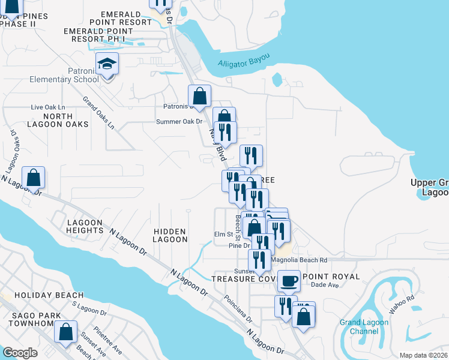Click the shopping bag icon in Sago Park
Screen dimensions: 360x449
point(66,331)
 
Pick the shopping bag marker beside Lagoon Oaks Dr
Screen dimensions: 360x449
point(34,177)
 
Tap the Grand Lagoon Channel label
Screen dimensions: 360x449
point(364,326)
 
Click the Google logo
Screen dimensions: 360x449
point(20,353)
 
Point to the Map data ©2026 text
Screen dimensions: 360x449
point(423,355)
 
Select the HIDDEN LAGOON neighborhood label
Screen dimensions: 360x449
point(170,235)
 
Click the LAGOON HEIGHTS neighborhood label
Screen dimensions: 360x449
point(85,226)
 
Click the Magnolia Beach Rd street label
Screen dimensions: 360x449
point(299,260)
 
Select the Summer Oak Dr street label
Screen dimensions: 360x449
point(180,121)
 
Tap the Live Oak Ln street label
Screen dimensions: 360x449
point(47,107)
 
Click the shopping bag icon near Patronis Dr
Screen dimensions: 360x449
point(199,95)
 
